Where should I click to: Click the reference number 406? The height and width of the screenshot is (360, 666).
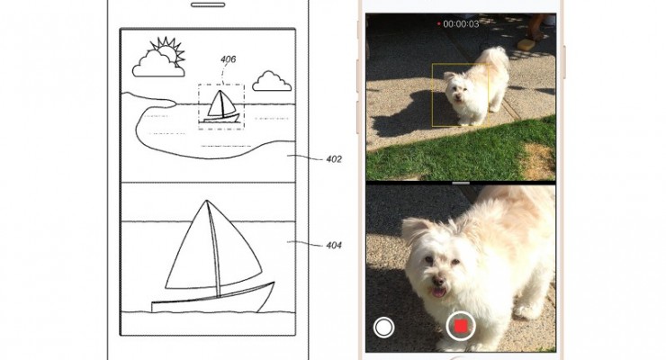(228, 59)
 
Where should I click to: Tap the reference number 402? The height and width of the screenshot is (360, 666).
(334, 159)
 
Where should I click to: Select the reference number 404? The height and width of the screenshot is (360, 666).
(334, 246)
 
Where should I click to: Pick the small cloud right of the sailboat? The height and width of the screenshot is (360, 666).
(272, 82)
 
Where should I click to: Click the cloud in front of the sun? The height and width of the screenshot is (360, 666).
(158, 65)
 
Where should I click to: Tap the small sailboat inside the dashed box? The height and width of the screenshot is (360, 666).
(220, 106)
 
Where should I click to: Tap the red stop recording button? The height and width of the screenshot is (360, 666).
(461, 326)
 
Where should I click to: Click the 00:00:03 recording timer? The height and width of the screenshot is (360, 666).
(461, 24)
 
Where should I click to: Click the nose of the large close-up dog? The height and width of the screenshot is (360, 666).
(438, 281)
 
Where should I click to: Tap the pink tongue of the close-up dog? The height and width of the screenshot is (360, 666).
(439, 292)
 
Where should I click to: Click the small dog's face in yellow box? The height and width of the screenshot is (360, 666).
(455, 90)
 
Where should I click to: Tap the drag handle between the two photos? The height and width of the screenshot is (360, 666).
(461, 183)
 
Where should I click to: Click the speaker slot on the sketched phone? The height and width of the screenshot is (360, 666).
(208, 5)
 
